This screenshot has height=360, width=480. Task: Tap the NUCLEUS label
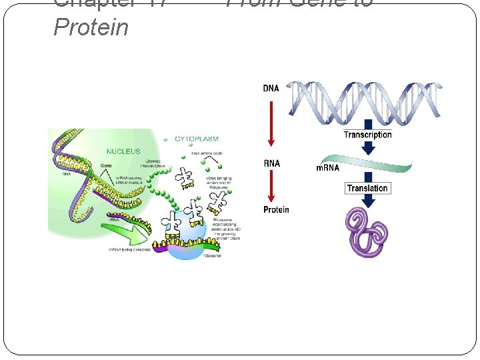pos(123,151)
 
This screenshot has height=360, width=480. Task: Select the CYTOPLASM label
pos(197,139)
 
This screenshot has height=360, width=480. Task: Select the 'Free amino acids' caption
pos(206,154)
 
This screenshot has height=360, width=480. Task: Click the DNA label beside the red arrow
pos(271,89)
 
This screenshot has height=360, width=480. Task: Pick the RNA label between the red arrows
pos(271,163)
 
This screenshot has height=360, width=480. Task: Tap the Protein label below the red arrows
pos(276,210)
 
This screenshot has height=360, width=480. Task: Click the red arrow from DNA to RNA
pos(271,124)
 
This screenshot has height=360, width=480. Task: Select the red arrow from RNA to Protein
pos(271,187)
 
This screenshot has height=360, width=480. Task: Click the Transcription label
pos(367,135)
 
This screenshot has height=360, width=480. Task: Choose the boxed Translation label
pos(367,188)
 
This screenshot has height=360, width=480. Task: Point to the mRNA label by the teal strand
pos(327,167)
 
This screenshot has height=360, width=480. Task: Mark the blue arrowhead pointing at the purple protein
pos(367,202)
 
